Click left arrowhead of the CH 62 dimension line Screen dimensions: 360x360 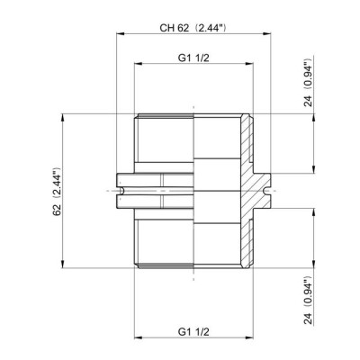[119, 36]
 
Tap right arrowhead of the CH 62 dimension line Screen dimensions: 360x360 [266, 36]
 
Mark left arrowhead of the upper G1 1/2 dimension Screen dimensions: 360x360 [137, 66]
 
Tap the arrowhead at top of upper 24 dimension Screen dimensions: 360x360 [313, 116]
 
